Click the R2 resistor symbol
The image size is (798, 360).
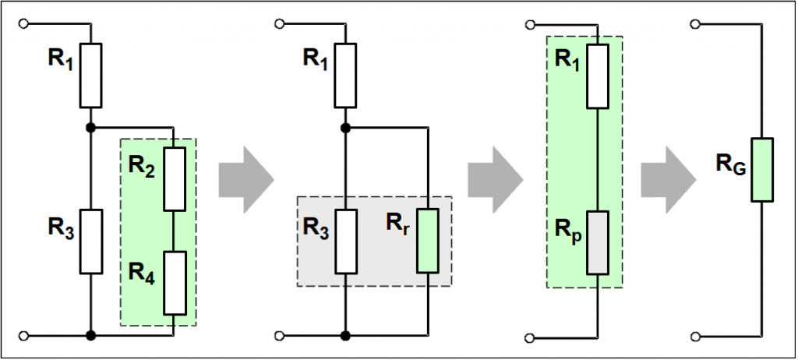click(174, 178)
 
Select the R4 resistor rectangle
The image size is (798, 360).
click(174, 283)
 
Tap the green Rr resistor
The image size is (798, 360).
click(427, 241)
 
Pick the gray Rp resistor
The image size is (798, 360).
click(597, 242)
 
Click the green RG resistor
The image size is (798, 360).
click(761, 170)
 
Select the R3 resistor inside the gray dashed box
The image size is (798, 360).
click(345, 241)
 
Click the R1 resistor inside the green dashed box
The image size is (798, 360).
click(597, 76)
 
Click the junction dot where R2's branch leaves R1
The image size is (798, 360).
click(91, 127)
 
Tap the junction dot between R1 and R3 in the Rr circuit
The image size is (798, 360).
click(345, 127)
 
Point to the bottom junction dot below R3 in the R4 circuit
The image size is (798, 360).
click(91, 336)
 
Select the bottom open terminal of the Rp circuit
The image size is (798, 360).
click(530, 337)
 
